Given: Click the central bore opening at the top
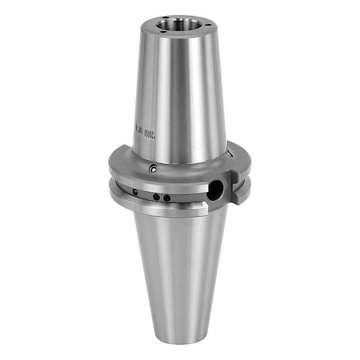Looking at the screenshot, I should (x=173, y=25).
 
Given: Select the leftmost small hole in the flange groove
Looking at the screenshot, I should (x=135, y=192).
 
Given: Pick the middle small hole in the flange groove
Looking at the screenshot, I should (x=158, y=196).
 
